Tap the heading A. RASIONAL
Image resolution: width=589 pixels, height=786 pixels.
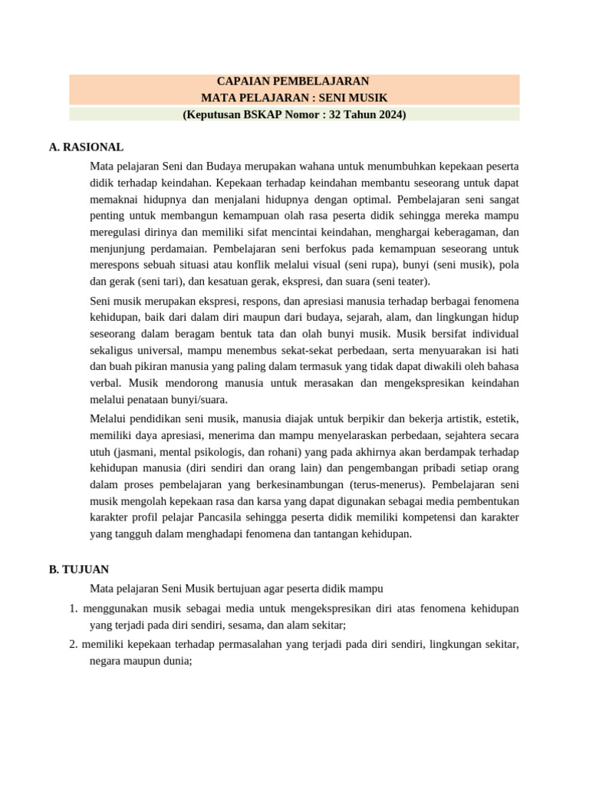point(86,147)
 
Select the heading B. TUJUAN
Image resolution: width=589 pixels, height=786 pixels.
point(78,570)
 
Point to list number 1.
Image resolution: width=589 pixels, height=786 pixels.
point(74,609)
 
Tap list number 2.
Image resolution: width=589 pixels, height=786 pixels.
point(74,644)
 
